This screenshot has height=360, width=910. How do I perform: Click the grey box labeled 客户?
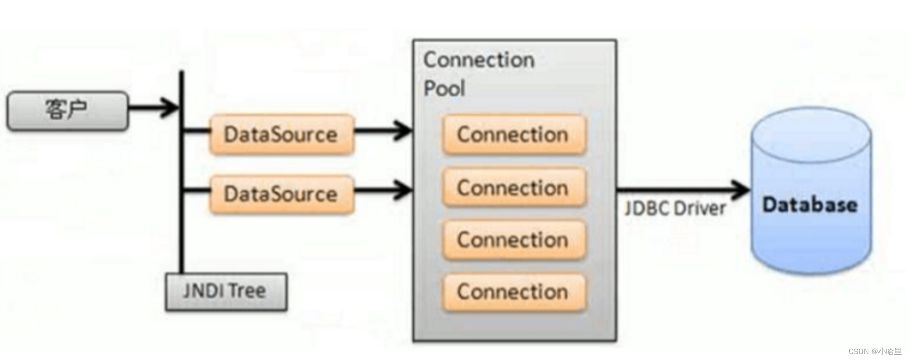[x=67, y=111]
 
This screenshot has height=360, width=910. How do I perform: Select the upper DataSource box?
[x=281, y=135]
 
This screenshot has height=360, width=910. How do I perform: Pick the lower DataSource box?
[x=281, y=194]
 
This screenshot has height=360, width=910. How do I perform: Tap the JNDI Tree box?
[x=225, y=292]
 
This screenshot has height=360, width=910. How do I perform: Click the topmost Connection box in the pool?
[x=513, y=135]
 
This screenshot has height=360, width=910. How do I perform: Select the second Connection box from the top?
[x=513, y=188]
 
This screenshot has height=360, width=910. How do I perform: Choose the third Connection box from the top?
[x=513, y=240]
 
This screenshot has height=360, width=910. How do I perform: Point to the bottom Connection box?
[x=513, y=292]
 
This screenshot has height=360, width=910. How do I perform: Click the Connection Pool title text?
[x=478, y=74]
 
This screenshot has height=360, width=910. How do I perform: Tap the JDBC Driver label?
[x=675, y=208]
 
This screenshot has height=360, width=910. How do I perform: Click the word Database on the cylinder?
[x=810, y=205]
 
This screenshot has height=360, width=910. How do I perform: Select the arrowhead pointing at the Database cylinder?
[x=741, y=189]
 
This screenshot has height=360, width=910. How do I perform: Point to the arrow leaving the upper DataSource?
[x=382, y=130]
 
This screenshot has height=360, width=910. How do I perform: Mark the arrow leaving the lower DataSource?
[x=382, y=189]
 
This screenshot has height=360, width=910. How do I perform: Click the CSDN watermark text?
[x=875, y=351]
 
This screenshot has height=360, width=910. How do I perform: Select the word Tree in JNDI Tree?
[x=248, y=291]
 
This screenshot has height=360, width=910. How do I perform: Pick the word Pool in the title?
[x=444, y=89]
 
